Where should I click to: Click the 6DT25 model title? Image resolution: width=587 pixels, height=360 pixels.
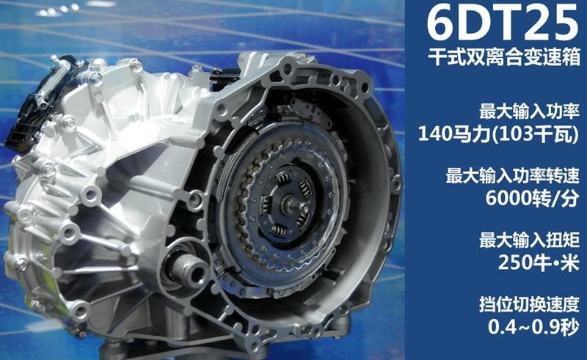point(503,23)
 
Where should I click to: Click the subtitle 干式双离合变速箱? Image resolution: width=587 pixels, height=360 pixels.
point(504,58)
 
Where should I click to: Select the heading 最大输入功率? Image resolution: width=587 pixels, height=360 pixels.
point(529,111)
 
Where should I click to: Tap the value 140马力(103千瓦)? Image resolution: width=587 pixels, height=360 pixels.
point(498,133)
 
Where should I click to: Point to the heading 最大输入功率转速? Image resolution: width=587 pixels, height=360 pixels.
point(512,176)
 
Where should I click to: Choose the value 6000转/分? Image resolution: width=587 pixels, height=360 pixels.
point(532,197)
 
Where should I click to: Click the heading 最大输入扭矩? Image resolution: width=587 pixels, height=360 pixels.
point(529,240)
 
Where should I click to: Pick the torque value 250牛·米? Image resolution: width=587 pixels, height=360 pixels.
point(539,262)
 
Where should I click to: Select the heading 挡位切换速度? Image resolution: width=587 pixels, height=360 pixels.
point(529,304)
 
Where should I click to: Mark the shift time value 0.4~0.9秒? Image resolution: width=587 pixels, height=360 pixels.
point(533,327)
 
